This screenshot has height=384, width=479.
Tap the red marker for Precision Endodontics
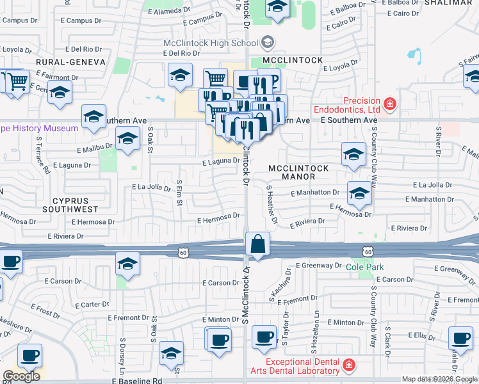click(x=389, y=104)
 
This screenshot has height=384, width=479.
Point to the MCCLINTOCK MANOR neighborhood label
click(x=298, y=173)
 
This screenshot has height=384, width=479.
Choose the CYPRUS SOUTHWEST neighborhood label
click(x=70, y=204)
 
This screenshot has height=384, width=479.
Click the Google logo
click(x=21, y=376)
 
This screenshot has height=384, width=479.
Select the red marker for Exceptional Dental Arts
click(x=349, y=365)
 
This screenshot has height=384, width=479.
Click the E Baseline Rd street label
click(x=143, y=380)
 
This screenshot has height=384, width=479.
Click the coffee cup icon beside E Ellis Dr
click(x=460, y=339)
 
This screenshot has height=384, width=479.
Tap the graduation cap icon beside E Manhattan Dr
click(x=359, y=194)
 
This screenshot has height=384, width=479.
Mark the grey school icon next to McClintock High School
click(x=268, y=43)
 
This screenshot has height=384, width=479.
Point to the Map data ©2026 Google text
click(x=439, y=379)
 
